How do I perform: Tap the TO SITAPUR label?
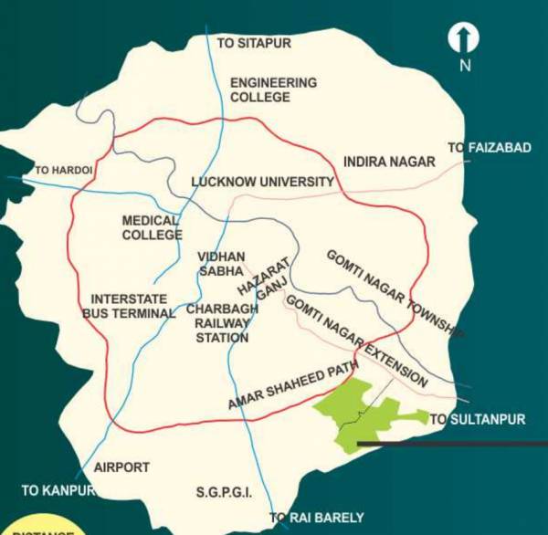(x=251, y=42)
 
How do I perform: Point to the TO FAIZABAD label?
(x=490, y=147)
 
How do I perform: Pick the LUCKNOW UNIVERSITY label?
(x=262, y=182)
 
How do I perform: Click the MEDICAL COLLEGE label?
(x=153, y=227)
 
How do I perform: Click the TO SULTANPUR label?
(x=478, y=419)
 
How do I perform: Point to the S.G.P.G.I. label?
(x=224, y=493)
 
